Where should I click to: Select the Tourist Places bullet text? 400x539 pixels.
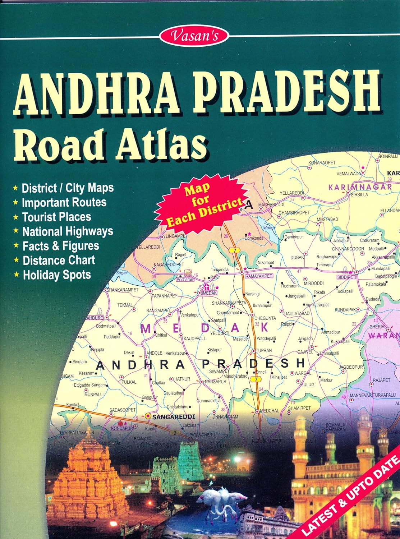[56, 217]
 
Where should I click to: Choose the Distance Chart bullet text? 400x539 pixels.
[59, 261]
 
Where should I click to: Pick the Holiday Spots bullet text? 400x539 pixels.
[57, 275]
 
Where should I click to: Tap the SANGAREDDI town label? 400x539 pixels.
[174, 417]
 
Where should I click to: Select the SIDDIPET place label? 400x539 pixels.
[346, 277]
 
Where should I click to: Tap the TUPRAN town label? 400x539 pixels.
[264, 350]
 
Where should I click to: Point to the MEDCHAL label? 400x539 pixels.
[270, 411]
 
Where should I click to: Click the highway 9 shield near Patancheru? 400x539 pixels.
[175, 433]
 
